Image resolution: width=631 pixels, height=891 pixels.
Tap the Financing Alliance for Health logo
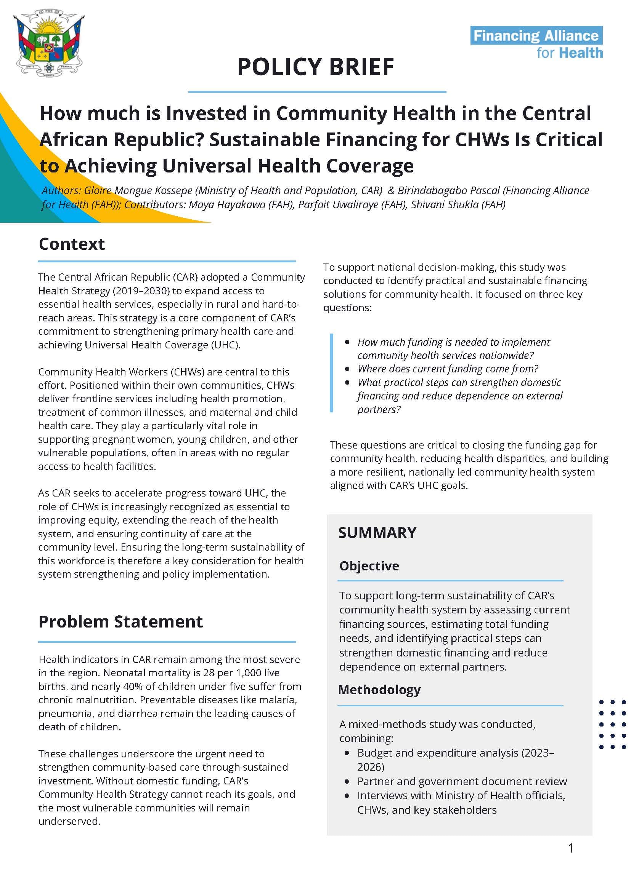(536, 43)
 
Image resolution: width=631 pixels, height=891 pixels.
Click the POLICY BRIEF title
(316, 67)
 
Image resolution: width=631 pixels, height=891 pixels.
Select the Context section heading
(72, 244)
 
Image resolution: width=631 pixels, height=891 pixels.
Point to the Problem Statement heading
(120, 622)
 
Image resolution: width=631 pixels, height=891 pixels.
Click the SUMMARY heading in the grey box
(377, 533)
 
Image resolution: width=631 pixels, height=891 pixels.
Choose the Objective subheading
(369, 566)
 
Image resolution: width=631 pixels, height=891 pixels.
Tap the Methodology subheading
(379, 690)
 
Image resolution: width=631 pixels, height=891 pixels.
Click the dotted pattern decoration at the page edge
(613, 724)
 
